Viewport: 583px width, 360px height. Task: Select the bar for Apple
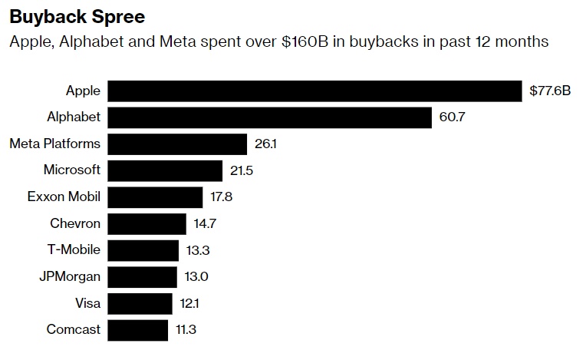[x=315, y=91]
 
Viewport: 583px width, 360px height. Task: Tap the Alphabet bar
[x=269, y=117]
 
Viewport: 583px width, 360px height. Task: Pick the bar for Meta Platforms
[x=177, y=144]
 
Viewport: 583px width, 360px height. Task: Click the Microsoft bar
[x=165, y=170]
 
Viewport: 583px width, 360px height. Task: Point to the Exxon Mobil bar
[x=155, y=197]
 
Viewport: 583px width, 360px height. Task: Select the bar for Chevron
[x=147, y=224]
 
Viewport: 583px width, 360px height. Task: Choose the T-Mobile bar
[x=143, y=250]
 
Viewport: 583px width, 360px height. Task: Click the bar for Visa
[x=140, y=304]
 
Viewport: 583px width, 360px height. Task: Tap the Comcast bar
[x=137, y=330]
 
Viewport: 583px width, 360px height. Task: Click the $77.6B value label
[x=550, y=91]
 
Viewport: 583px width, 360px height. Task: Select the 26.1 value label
[x=265, y=144]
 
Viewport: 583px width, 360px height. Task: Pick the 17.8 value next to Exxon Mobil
[x=221, y=197]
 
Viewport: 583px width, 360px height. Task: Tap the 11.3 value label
[x=186, y=330]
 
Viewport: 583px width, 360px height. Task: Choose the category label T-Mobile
[x=74, y=250]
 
